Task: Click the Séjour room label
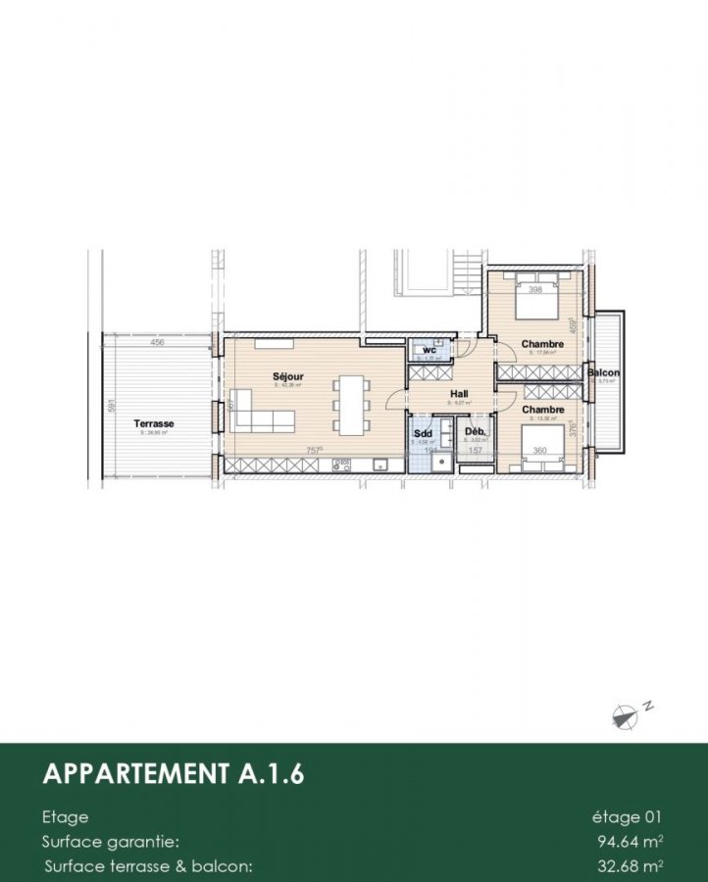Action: click(288, 376)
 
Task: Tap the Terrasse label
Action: click(154, 423)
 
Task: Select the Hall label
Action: click(459, 393)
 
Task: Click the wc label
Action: click(430, 350)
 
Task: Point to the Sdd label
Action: click(424, 432)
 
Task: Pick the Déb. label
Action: click(475, 432)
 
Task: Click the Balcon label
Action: click(603, 373)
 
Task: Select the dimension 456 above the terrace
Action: click(157, 344)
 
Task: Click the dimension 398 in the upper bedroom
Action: click(534, 290)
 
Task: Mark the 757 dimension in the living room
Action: click(315, 451)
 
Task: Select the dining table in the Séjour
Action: click(350, 404)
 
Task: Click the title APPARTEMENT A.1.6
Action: click(174, 774)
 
